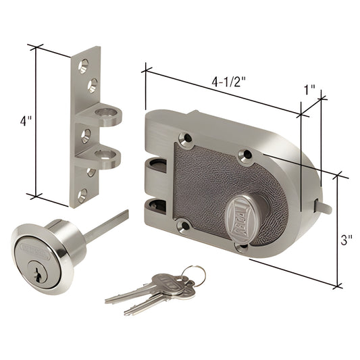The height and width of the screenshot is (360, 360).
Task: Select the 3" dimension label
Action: point(346,240)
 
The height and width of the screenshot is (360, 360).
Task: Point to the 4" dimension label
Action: point(26,122)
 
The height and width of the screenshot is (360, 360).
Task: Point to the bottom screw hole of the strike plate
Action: point(82,197)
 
